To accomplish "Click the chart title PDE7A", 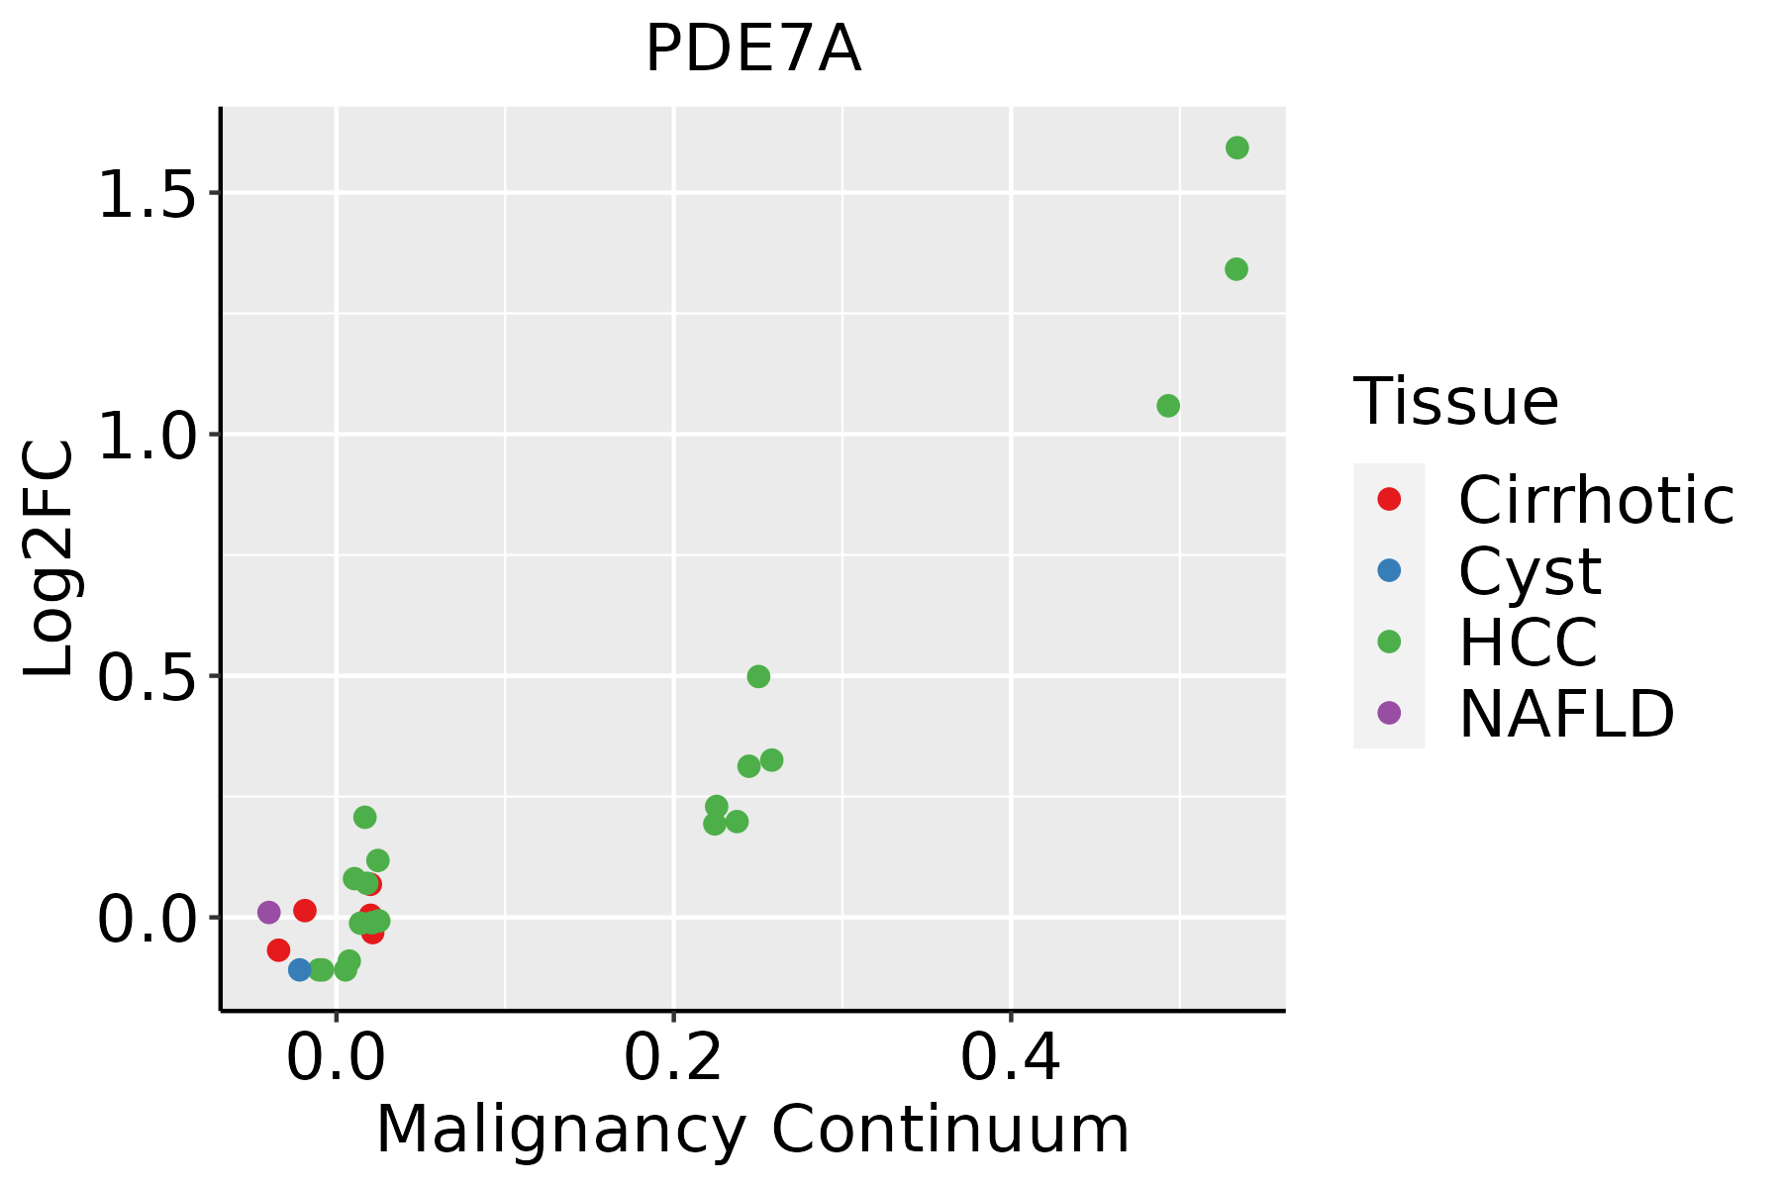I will point(752,49).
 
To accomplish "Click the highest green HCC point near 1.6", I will point(1237,148).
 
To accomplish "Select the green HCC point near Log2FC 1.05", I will point(1168,406).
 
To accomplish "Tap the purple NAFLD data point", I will point(269,912).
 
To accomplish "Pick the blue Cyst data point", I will point(300,969).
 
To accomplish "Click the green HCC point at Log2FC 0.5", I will point(758,677).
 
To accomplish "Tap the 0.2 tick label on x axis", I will point(673,1058).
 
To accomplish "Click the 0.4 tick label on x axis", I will point(1011,1058).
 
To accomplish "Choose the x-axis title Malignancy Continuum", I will point(752,1130).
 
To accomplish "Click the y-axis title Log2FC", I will point(49,559).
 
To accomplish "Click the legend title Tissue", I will point(1455,402).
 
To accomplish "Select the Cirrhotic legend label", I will point(1596,500).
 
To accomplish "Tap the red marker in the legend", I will point(1389,499).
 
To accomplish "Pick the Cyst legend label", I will point(1530,571).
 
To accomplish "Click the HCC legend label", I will point(1528,642).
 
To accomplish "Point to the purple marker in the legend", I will point(1389,712).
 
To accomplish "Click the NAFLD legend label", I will point(1566,713).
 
